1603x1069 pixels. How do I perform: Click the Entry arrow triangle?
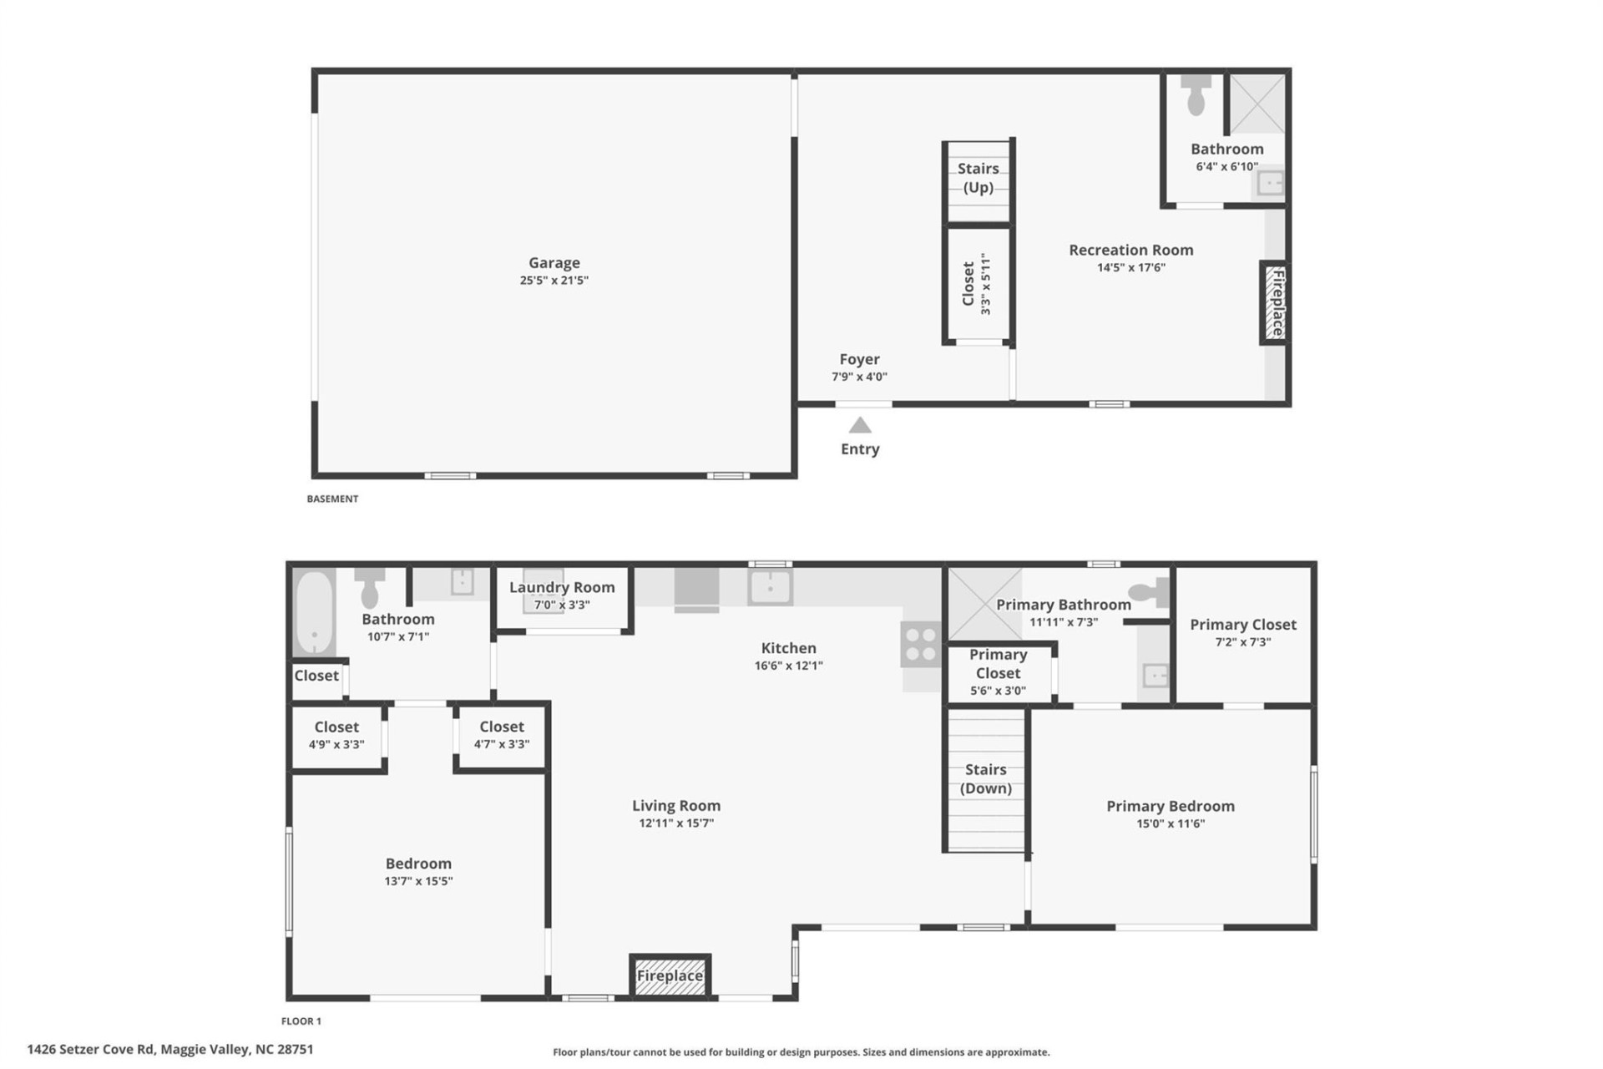click(x=860, y=426)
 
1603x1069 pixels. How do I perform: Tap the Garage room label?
click(x=554, y=263)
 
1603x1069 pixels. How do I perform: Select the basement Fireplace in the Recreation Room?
click(x=1275, y=302)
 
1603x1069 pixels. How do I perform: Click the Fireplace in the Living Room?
click(x=670, y=975)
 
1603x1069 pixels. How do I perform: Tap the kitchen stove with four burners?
click(x=921, y=645)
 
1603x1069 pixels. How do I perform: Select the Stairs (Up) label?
click(x=978, y=178)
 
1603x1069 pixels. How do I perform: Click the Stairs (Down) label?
click(x=985, y=778)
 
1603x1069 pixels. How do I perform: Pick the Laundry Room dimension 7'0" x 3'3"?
click(x=562, y=605)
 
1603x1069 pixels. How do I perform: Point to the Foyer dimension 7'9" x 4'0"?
click(x=859, y=377)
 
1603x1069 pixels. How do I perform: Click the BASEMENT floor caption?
click(x=332, y=499)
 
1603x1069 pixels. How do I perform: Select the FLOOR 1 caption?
click(x=301, y=1021)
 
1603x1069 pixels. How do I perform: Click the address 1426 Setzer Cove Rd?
click(x=170, y=1049)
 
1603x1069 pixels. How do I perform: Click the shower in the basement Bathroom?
click(x=1257, y=104)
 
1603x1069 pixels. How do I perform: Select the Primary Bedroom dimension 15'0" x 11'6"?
click(x=1170, y=823)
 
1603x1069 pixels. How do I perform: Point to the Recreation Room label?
click(x=1130, y=250)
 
